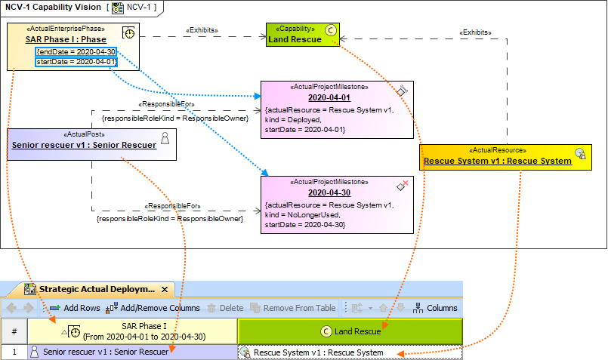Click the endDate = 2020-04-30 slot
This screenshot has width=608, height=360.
click(x=76, y=51)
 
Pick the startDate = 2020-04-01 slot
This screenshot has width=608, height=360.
click(x=76, y=61)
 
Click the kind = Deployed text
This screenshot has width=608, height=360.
click(x=294, y=119)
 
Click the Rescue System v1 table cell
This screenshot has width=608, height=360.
click(x=350, y=352)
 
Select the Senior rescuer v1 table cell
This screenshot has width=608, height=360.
click(x=132, y=352)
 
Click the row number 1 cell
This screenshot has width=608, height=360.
click(x=14, y=352)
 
